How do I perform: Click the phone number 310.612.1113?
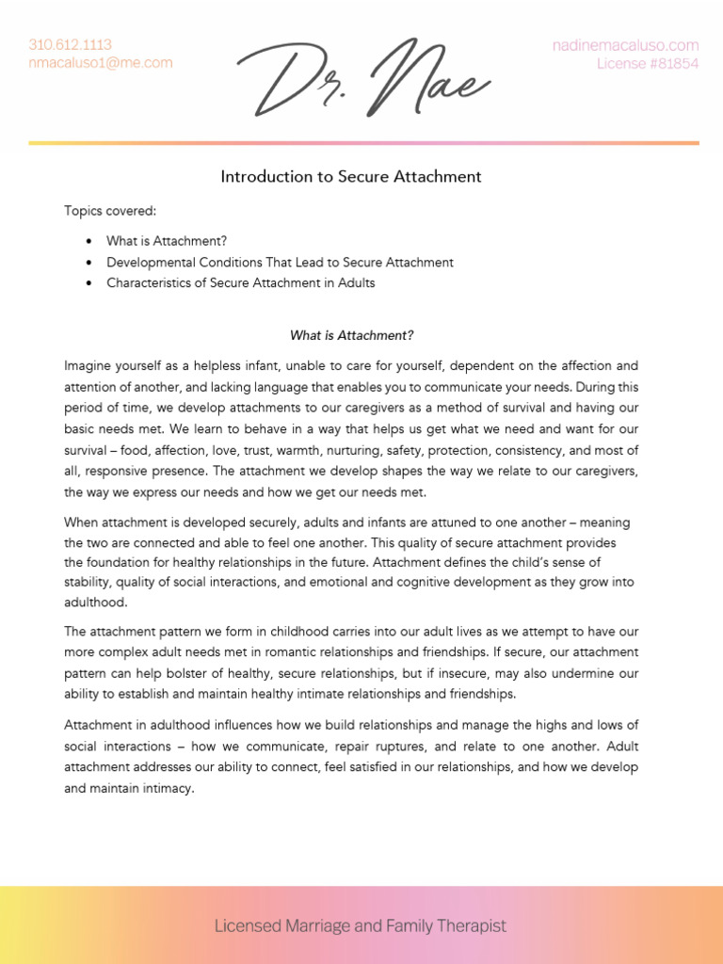coord(70,44)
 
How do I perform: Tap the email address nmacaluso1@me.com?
coord(101,63)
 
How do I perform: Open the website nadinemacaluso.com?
coord(625,45)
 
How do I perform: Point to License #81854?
coord(648,64)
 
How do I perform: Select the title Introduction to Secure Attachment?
coord(351,176)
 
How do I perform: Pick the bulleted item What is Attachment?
coord(167,241)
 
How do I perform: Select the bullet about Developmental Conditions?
coord(280,262)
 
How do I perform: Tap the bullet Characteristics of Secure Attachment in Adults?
coord(240,282)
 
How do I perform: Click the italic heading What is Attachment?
coord(351,335)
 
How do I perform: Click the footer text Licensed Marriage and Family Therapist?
coord(361,925)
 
